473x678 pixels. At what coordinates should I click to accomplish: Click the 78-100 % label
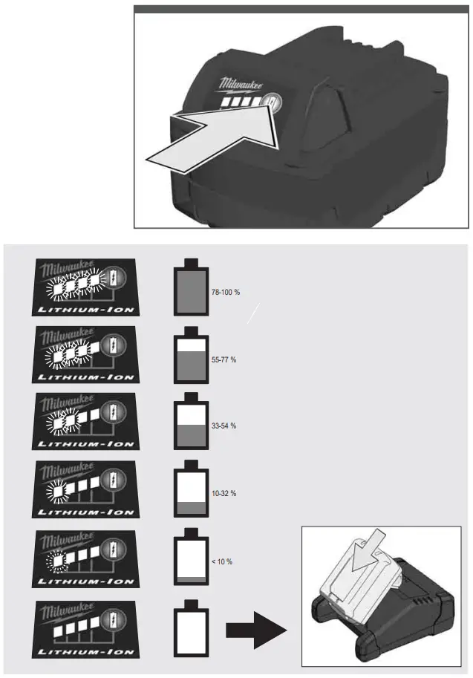click(x=226, y=292)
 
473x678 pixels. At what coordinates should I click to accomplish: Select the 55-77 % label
click(x=224, y=359)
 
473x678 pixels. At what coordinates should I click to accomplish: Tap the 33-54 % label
click(x=224, y=426)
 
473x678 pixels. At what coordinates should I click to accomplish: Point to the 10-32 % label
click(x=224, y=494)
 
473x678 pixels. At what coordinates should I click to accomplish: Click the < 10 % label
click(x=222, y=561)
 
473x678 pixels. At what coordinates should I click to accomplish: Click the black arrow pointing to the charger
click(x=255, y=628)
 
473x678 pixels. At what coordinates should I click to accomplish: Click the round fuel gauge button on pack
click(x=271, y=103)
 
